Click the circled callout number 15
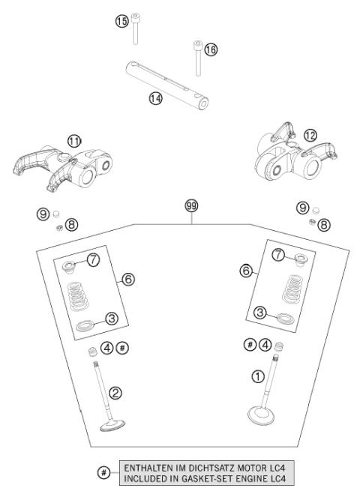point(121,22)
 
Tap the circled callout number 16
point(211,49)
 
